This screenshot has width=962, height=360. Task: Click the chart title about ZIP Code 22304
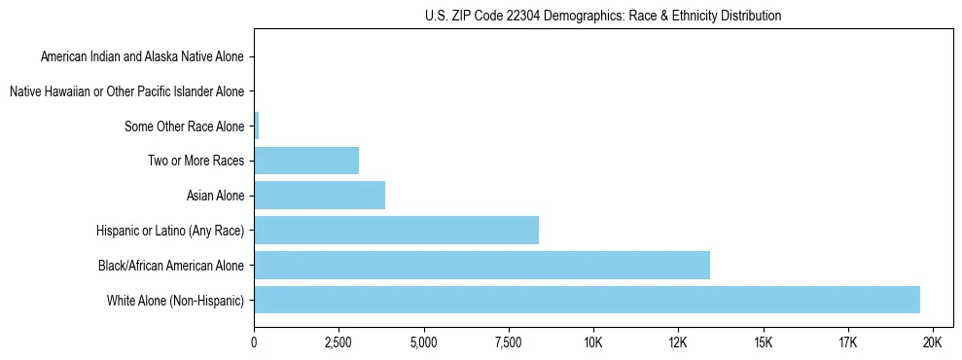(x=603, y=16)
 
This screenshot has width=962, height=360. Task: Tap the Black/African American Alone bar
(x=481, y=265)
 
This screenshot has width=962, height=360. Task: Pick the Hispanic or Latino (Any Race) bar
(x=396, y=231)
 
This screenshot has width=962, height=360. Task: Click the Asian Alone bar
(x=319, y=196)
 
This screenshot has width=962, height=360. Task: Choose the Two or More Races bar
(x=306, y=161)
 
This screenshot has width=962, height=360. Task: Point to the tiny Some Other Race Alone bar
(x=257, y=126)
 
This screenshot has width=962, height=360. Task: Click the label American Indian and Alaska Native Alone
(x=143, y=56)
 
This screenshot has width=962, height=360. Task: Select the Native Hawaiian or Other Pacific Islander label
(x=126, y=91)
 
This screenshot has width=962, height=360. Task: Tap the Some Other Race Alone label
(x=185, y=126)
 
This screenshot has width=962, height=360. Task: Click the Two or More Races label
(x=196, y=161)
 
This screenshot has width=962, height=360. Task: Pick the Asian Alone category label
(x=215, y=196)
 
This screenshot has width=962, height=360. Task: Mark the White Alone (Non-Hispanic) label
(x=176, y=300)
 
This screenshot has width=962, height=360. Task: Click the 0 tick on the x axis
(x=254, y=343)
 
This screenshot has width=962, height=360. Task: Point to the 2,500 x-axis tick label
(x=338, y=343)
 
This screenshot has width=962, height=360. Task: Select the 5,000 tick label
(x=423, y=343)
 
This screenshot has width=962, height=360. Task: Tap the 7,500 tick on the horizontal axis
(x=509, y=343)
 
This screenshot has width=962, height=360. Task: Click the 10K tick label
(x=593, y=343)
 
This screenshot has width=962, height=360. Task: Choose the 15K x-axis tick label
(x=763, y=343)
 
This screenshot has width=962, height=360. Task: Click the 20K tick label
(x=932, y=343)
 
